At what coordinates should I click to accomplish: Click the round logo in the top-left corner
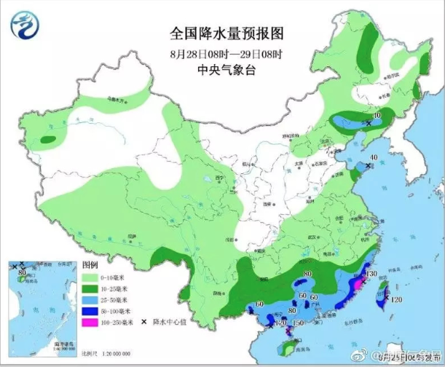[27, 28]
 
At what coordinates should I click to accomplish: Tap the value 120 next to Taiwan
[397, 299]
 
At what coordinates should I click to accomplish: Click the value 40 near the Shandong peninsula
[373, 158]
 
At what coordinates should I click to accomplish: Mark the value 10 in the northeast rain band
[377, 116]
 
